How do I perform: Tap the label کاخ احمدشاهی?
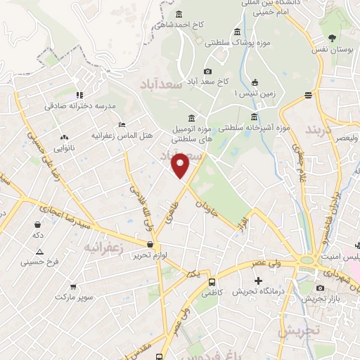(179, 25)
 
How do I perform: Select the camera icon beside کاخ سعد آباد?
(207, 71)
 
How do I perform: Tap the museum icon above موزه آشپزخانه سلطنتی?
(254, 117)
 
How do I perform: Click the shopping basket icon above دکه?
(36, 224)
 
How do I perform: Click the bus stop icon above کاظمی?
(212, 281)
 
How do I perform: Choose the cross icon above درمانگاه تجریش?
(259, 281)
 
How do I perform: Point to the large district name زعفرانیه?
(103, 248)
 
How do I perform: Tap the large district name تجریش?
(299, 330)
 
